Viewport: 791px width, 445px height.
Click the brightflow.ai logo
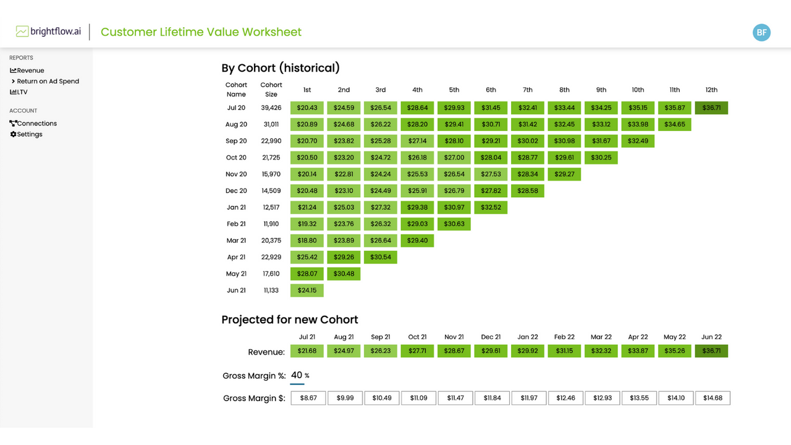pos(48,32)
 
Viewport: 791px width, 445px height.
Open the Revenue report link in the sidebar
pos(30,70)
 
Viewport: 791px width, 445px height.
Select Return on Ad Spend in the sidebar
pos(48,81)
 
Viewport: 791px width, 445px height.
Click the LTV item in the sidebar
pos(22,92)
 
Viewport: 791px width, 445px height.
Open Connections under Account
pos(36,124)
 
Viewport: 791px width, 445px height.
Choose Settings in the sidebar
pos(29,134)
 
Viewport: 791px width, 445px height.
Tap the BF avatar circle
pos(761,33)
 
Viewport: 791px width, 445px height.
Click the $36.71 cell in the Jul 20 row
pos(711,108)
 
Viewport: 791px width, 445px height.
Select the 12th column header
pos(711,90)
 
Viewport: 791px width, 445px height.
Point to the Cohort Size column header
pos(271,90)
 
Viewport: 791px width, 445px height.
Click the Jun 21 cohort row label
pos(236,290)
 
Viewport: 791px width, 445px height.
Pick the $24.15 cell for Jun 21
pos(307,290)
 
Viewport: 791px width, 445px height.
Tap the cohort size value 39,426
pos(271,108)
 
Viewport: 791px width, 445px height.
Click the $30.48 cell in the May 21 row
pos(344,274)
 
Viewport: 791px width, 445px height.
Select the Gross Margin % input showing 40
pos(297,375)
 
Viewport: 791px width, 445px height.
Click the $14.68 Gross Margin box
pos(713,398)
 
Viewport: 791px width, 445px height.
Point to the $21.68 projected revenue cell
pos(307,351)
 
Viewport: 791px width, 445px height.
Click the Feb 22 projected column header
pos(564,337)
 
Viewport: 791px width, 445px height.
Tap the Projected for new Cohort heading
pos(290,320)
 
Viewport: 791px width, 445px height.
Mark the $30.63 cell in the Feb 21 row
pos(454,224)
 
